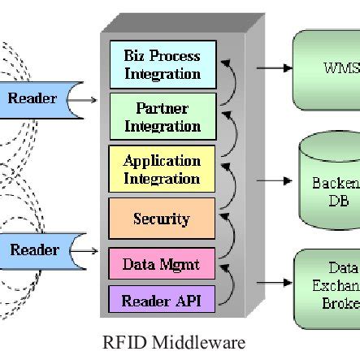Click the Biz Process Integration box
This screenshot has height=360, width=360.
click(x=162, y=65)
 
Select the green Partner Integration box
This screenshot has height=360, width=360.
click(x=162, y=117)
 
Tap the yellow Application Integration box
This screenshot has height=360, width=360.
click(x=162, y=169)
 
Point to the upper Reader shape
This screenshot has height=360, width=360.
click(x=35, y=99)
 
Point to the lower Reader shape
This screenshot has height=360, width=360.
click(x=35, y=249)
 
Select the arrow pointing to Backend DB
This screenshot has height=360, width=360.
click(x=277, y=180)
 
